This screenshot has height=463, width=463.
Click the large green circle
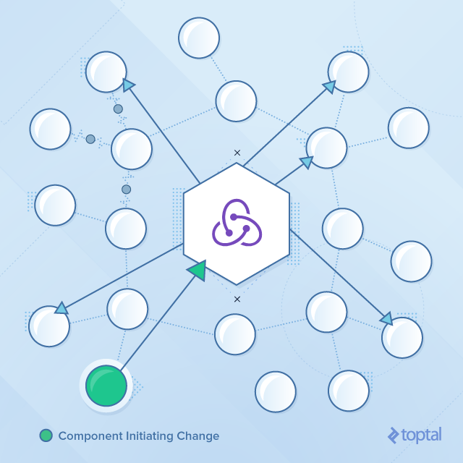pos(106,386)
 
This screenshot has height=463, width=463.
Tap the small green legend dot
pos(46,436)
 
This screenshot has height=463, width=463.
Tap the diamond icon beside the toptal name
pos(394,435)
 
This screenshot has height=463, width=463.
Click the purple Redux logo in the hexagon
pos(236,224)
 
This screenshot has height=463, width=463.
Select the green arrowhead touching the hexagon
pos(197,270)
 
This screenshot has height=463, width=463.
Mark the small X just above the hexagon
pos(237,153)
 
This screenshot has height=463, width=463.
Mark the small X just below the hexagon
pos(237,299)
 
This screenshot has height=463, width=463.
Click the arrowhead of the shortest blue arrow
pos(306,162)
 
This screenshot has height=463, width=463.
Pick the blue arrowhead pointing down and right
pos(386,318)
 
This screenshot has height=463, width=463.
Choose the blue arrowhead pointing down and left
pos(61,308)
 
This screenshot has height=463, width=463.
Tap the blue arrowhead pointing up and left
pos(129,85)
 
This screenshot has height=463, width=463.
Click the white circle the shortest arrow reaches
pos(326,148)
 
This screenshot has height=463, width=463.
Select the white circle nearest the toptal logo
pos(349,391)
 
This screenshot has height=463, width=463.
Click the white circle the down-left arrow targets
pos(49,326)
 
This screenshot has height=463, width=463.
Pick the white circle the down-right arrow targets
pos(402,337)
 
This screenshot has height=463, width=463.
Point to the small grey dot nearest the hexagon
pos(127,190)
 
